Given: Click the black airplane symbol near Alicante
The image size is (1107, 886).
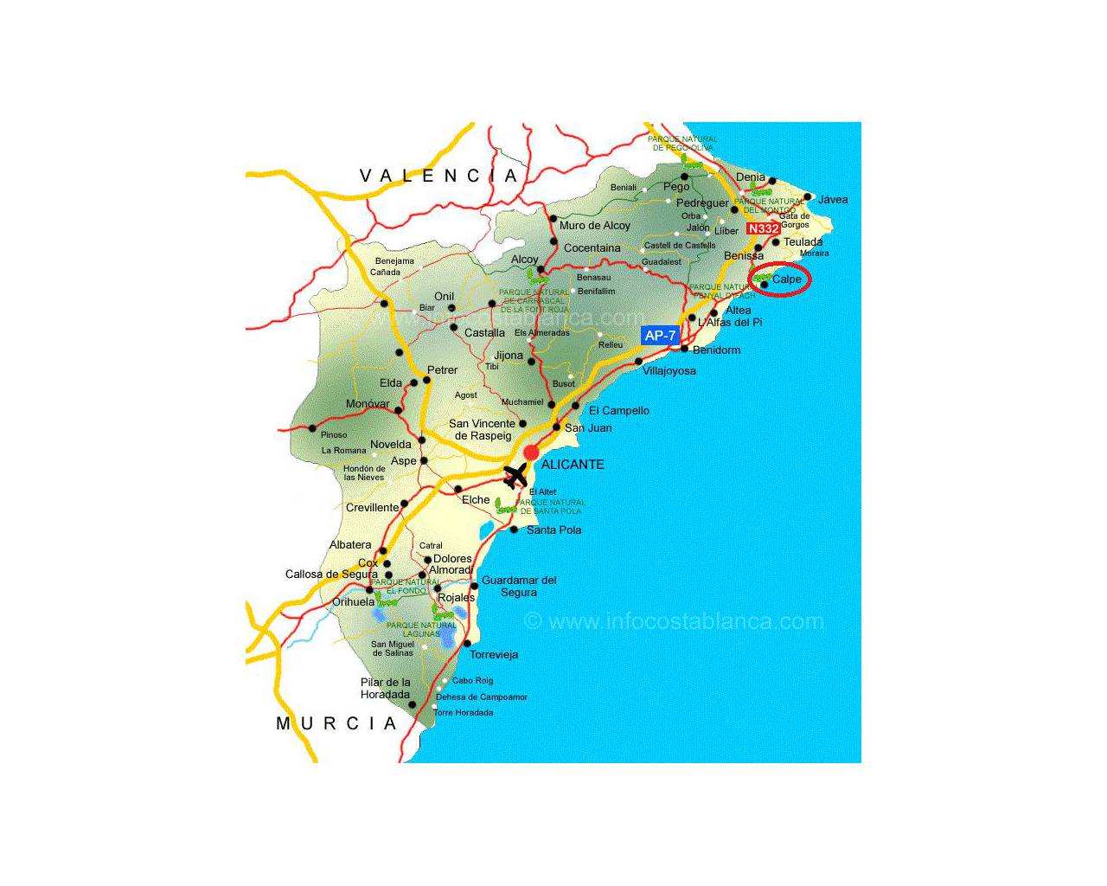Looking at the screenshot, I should [x=515, y=475].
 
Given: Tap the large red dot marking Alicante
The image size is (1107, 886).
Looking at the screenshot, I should [x=531, y=453].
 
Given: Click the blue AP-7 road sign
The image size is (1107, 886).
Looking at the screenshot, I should [x=660, y=336].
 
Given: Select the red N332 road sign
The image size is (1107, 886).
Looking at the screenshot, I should [x=763, y=228].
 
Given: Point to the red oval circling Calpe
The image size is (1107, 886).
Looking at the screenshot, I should [x=780, y=279].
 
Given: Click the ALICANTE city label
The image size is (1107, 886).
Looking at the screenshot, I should [x=573, y=465].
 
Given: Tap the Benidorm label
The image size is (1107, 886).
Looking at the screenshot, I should [x=716, y=350].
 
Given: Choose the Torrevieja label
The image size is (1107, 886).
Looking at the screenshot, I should [x=494, y=655].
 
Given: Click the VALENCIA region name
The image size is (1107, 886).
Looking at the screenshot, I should [x=438, y=176].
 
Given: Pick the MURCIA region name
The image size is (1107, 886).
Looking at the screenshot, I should [x=336, y=723].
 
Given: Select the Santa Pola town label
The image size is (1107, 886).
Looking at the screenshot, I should [x=553, y=530].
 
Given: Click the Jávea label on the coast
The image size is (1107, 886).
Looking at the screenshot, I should [x=833, y=200].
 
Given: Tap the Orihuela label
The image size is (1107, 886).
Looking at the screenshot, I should [x=354, y=602].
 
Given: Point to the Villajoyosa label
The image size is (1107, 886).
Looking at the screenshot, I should [x=669, y=371].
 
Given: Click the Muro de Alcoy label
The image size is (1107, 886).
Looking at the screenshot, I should [x=595, y=226].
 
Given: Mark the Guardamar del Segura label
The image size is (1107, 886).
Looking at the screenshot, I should [x=519, y=587].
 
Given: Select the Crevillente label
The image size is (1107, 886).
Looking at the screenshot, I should [x=372, y=508].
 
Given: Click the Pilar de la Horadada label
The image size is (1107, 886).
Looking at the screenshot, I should [x=385, y=689].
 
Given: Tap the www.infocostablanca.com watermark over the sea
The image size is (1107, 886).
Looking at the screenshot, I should [x=674, y=621].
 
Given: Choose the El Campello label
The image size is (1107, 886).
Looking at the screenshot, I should [x=618, y=411].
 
